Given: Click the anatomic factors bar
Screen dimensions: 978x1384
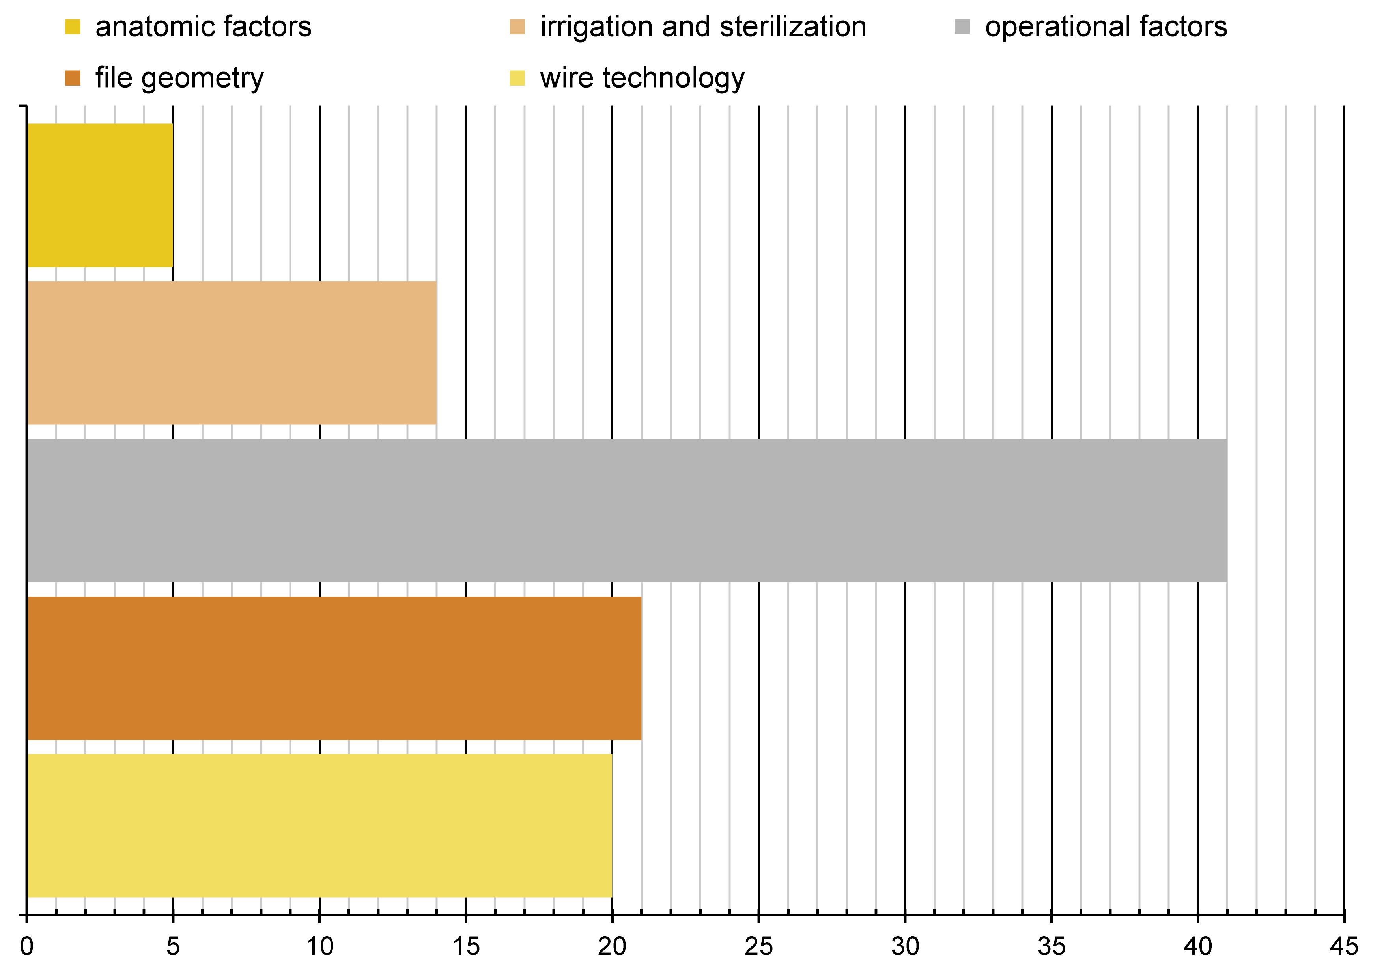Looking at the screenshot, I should pos(100,195).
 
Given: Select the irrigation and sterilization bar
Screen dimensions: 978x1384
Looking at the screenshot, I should pos(232,353).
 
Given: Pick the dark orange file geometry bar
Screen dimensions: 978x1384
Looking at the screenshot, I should pos(334,668).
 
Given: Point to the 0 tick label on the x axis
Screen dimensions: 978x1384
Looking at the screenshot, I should pos(26,947).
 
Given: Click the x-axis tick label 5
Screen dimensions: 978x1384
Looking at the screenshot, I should pos(173,947).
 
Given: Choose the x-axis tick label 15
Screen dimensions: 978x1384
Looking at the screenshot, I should pos(466,947).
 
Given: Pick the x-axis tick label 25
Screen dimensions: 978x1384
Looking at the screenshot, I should pos(758,947).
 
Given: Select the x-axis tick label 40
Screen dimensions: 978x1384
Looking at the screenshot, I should pos(1198,947).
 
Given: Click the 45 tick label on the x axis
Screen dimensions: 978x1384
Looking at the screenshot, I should pos(1344,947).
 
